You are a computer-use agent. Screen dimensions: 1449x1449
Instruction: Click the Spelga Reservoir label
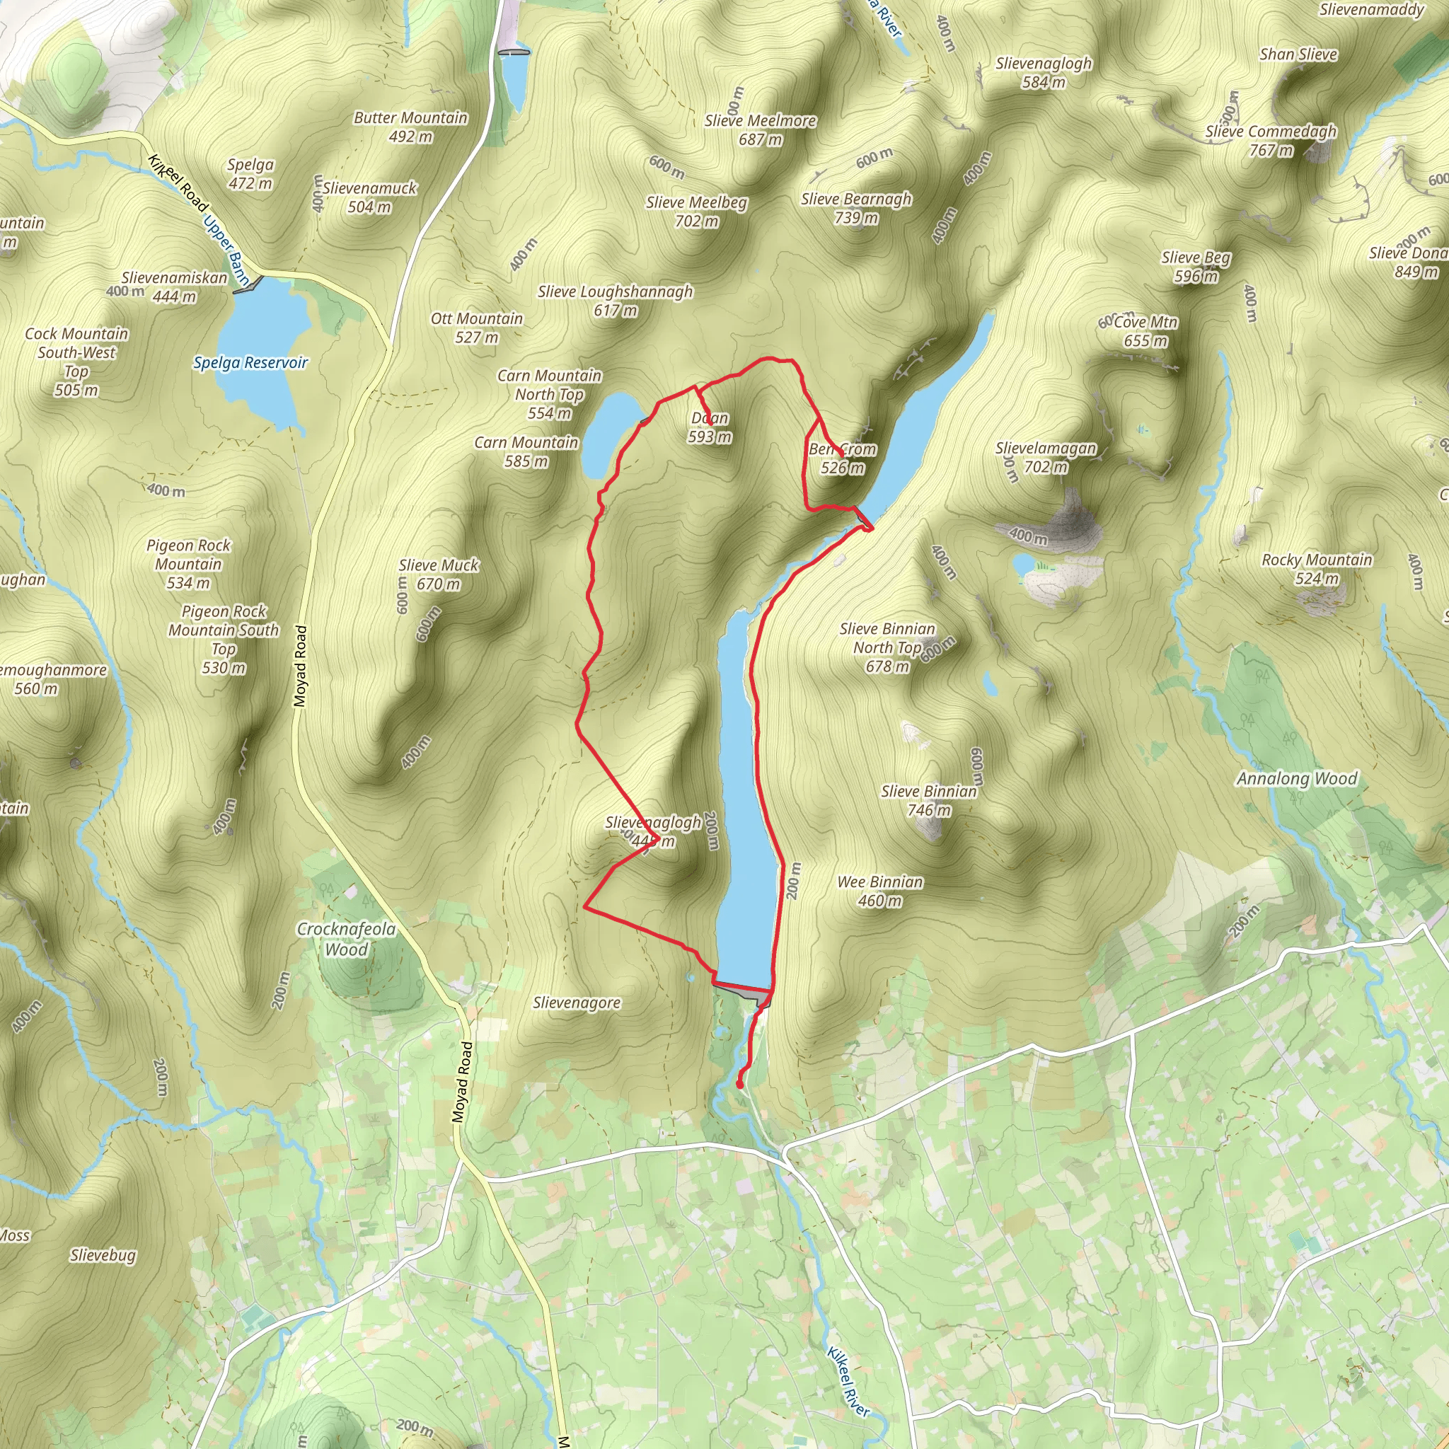[x=250, y=363]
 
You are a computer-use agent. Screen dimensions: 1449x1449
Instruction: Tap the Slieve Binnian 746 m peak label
[x=929, y=800]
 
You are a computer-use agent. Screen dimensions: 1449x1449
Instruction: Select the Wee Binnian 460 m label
[x=879, y=891]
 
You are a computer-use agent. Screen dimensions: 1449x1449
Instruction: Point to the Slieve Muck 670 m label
[x=439, y=575]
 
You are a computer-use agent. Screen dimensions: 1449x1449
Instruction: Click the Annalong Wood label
[x=1297, y=778]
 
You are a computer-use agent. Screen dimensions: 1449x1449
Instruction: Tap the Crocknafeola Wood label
[x=347, y=939]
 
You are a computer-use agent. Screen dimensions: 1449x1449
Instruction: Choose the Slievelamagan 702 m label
[x=1046, y=458]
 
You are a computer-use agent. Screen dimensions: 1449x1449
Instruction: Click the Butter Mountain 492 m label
[x=410, y=127]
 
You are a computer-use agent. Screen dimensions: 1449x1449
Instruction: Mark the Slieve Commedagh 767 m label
[x=1271, y=140]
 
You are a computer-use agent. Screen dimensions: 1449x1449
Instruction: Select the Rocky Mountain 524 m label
[x=1317, y=570]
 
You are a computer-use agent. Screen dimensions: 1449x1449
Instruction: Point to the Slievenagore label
[x=577, y=1003]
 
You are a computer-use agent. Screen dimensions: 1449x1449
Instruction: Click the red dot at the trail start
[x=739, y=1085]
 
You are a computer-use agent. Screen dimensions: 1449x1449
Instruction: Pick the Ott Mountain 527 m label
[x=476, y=328]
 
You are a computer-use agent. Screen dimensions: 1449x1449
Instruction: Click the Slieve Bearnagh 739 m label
[x=857, y=208]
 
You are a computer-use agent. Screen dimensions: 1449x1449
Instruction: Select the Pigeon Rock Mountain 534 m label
[x=189, y=564]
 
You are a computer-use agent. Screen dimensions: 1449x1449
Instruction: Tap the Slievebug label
[x=103, y=1254]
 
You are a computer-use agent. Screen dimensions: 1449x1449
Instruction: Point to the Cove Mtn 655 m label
[x=1145, y=330]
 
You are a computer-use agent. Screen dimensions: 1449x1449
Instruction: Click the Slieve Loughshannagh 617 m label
[x=615, y=301]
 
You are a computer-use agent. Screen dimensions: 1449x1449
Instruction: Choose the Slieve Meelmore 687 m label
[x=760, y=129]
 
